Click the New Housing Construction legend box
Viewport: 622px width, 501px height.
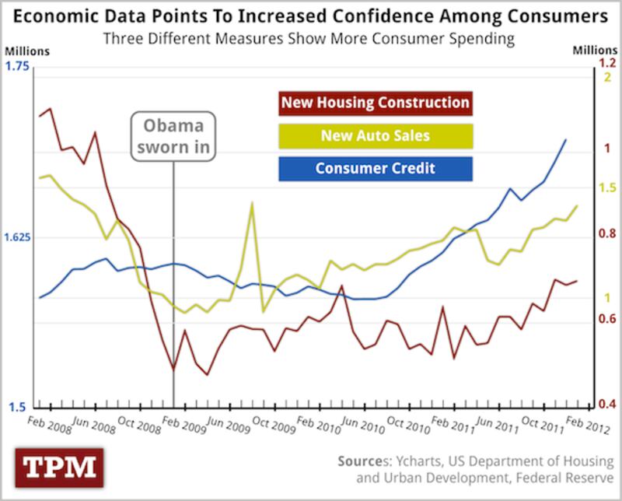(375, 103)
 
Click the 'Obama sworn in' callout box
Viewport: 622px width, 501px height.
(172, 137)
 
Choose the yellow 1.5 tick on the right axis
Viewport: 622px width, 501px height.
(606, 188)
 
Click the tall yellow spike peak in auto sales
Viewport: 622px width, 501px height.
(252, 203)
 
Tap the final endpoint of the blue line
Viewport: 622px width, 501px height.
(565, 139)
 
